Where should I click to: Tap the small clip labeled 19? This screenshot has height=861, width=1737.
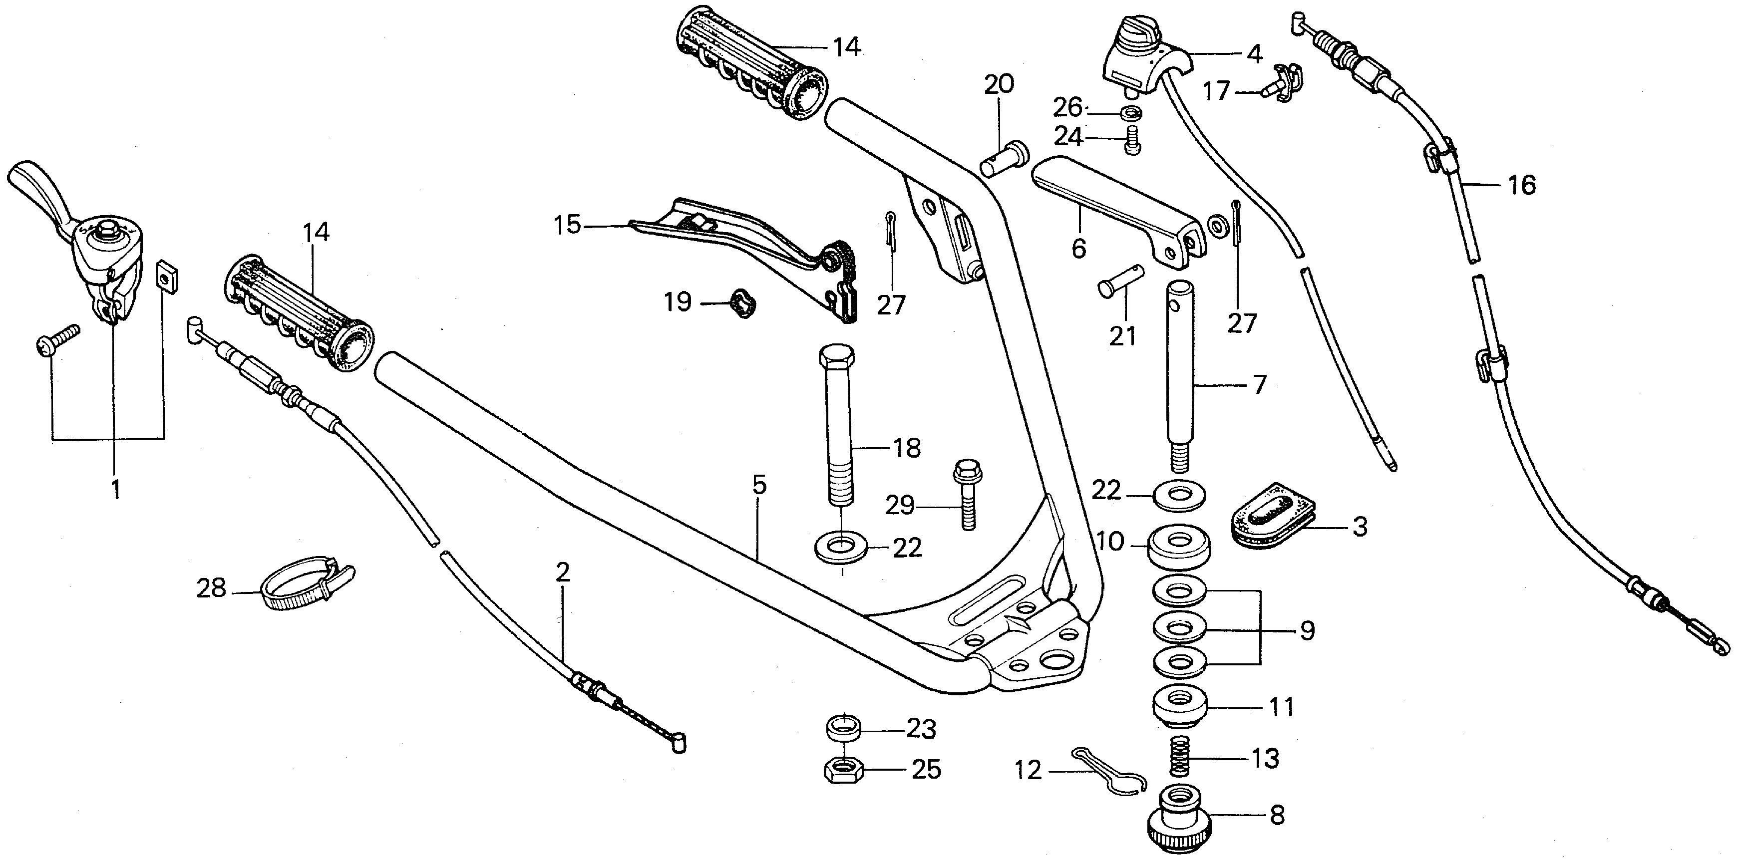click(x=742, y=305)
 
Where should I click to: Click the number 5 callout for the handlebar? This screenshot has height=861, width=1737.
click(x=759, y=486)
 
